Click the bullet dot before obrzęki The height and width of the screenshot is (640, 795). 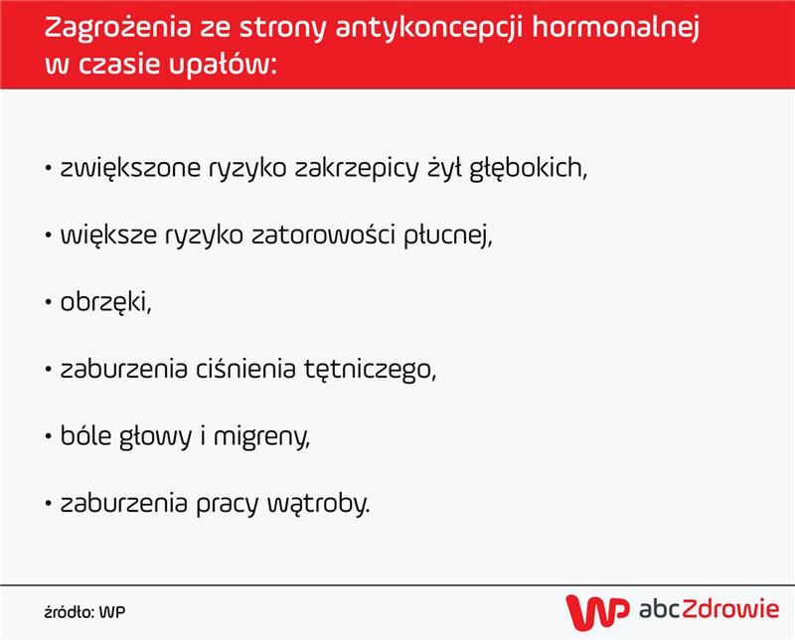pyautogui.click(x=48, y=302)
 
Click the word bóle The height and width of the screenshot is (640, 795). pyautogui.click(x=83, y=436)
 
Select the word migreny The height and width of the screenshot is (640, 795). pyautogui.click(x=264, y=437)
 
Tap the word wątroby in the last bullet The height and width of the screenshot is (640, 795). pyautogui.click(x=326, y=504)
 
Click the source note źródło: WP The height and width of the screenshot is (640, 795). pyautogui.click(x=84, y=610)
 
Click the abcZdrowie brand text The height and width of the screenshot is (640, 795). pyautogui.click(x=708, y=609)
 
